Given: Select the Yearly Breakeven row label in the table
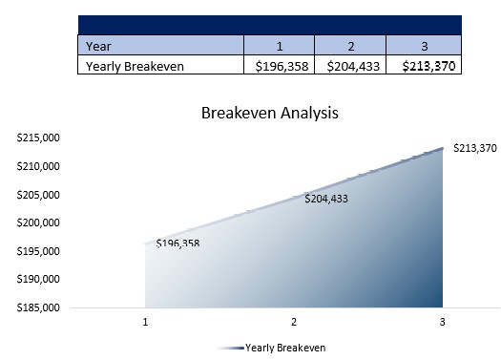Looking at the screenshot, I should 135,66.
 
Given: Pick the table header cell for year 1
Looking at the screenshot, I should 280,45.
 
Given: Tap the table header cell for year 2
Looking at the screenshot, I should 351,45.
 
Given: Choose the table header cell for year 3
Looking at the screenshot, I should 424,45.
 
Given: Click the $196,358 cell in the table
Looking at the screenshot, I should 280,66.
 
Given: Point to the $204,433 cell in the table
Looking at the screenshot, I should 351,66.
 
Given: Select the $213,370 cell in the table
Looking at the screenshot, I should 424,66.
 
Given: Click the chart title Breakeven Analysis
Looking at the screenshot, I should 270,113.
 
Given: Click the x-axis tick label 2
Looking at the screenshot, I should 294,322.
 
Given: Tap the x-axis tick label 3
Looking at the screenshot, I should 442,322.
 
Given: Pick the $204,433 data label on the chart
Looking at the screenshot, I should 326,200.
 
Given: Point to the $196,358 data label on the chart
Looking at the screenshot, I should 177,244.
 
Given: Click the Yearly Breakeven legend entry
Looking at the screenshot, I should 284,348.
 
